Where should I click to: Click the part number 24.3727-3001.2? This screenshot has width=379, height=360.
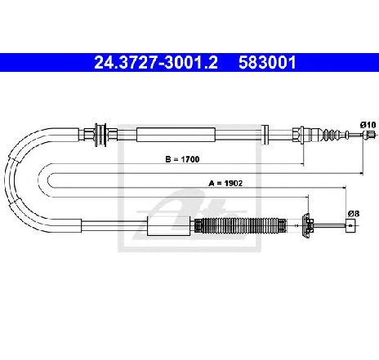pos(156,63)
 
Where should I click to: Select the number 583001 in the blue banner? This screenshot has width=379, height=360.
pos(267,63)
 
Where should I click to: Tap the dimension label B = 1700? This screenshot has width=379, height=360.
pos(182,159)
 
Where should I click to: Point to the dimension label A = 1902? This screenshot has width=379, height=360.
pos(225,184)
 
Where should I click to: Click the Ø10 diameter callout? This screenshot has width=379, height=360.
pos(368,125)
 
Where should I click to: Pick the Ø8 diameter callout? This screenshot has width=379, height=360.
pos(354,214)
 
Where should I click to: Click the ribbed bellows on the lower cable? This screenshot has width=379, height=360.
pos(241,225)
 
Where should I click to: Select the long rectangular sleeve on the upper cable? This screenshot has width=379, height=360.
pos(176,135)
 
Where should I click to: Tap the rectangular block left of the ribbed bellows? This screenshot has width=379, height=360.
pos(168,226)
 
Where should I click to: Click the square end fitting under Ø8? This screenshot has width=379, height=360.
pos(351,225)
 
